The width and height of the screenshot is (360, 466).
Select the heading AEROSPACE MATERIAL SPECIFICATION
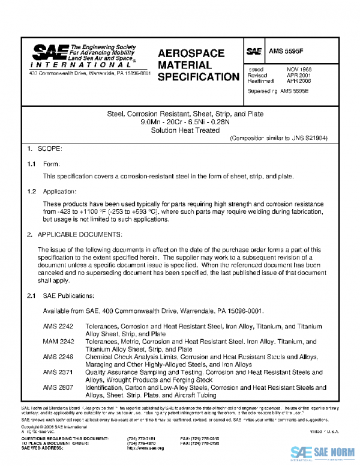(197, 65)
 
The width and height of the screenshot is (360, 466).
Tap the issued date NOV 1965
(299, 70)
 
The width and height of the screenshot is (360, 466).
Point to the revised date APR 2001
(299, 75)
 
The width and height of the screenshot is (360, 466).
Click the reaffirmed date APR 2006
(299, 80)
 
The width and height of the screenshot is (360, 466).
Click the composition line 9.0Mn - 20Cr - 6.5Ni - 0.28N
(180, 122)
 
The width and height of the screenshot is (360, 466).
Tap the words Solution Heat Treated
(180, 130)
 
